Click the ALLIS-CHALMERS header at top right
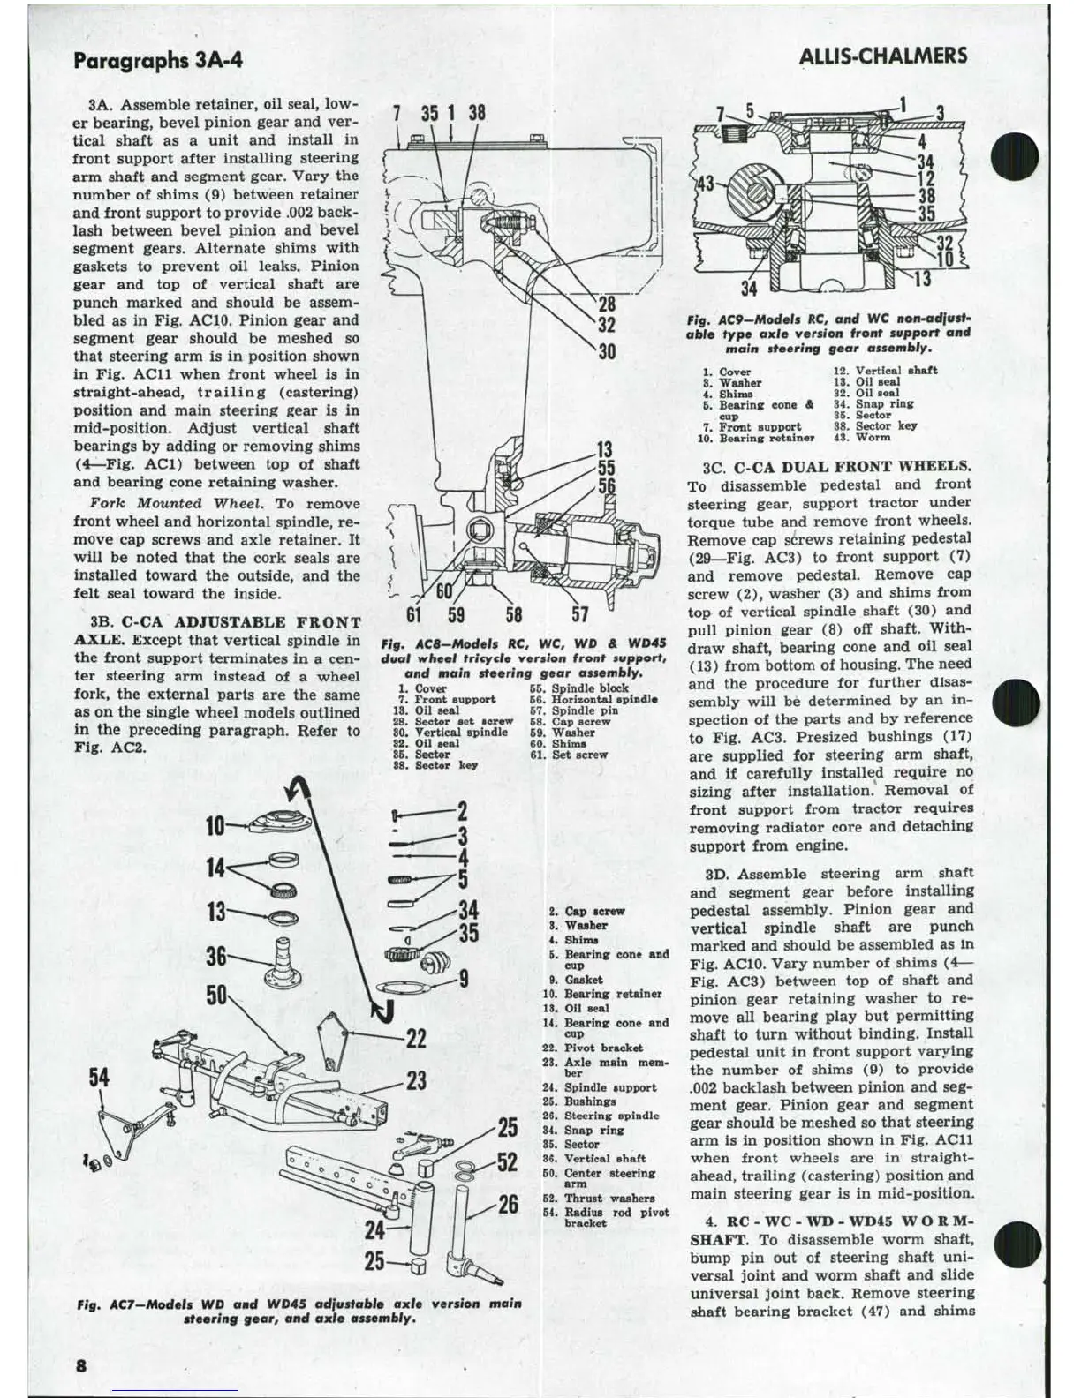pyautogui.click(x=882, y=56)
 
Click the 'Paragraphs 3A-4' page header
pyautogui.click(x=158, y=60)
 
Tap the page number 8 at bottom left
pyautogui.click(x=81, y=1364)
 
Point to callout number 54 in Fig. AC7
pyautogui.click(x=100, y=1078)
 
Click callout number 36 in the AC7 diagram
pyautogui.click(x=216, y=957)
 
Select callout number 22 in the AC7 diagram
pyautogui.click(x=416, y=1039)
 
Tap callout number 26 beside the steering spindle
pyautogui.click(x=508, y=1205)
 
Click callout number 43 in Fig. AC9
pyautogui.click(x=706, y=184)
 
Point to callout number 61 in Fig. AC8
pyautogui.click(x=413, y=614)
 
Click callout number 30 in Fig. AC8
pyautogui.click(x=607, y=352)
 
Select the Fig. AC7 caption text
pyautogui.click(x=299, y=1311)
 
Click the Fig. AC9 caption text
pyautogui.click(x=828, y=333)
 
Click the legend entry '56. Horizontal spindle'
pyautogui.click(x=593, y=699)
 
